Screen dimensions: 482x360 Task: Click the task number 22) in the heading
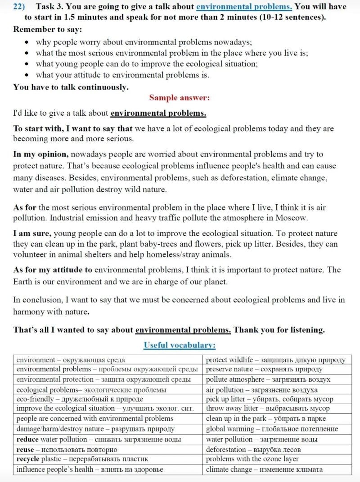(x=20, y=7)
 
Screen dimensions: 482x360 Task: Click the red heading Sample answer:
(x=179, y=97)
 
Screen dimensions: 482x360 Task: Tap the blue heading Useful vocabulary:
(x=179, y=345)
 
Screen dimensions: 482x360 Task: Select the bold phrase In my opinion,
(x=41, y=154)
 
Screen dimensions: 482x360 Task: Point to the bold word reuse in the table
(x=26, y=449)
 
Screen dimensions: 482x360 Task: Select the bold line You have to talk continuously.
(x=71, y=87)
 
